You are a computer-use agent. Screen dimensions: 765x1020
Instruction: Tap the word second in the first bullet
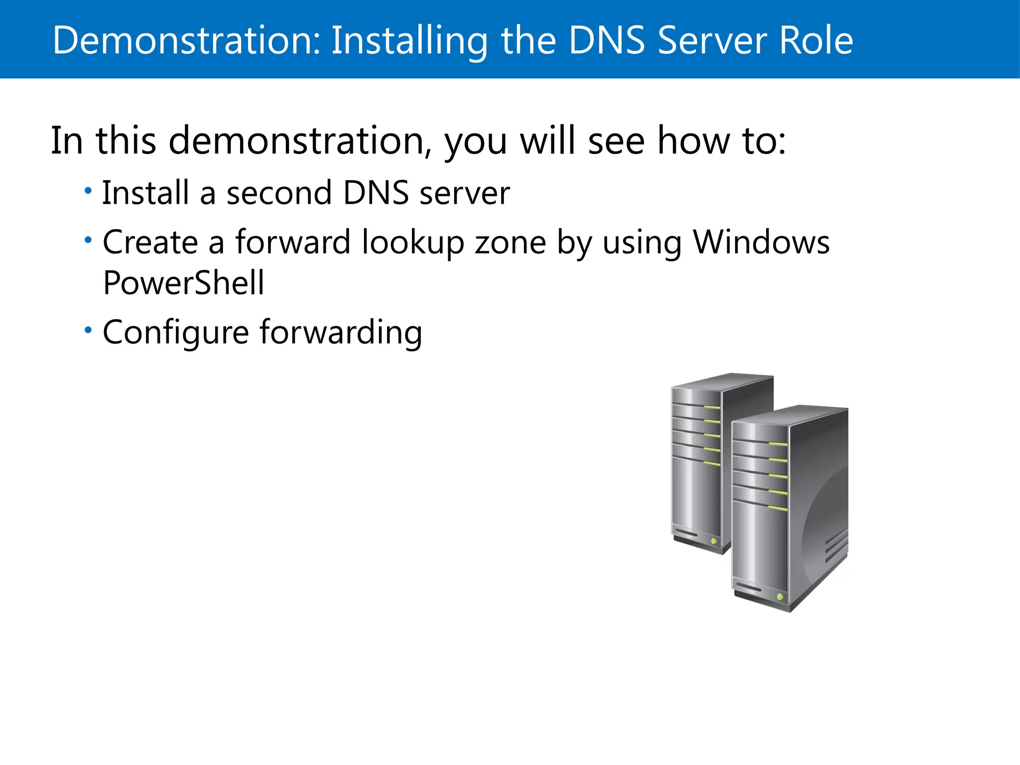[279, 193]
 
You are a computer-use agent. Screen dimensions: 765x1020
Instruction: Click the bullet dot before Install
[88, 190]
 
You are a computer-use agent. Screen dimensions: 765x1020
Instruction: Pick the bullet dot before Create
[88, 240]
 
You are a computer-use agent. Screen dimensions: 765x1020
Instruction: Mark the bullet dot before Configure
[88, 330]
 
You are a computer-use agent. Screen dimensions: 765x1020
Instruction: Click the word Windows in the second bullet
[762, 243]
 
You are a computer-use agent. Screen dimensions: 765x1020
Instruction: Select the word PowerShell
[183, 283]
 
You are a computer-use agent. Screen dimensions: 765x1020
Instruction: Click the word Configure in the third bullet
[175, 333]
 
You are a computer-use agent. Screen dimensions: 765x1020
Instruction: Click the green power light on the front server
[780, 596]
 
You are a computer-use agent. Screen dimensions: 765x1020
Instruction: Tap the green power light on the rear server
[714, 541]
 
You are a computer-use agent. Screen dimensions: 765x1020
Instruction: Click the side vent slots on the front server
[836, 546]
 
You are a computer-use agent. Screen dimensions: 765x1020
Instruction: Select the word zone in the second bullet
[510, 243]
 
